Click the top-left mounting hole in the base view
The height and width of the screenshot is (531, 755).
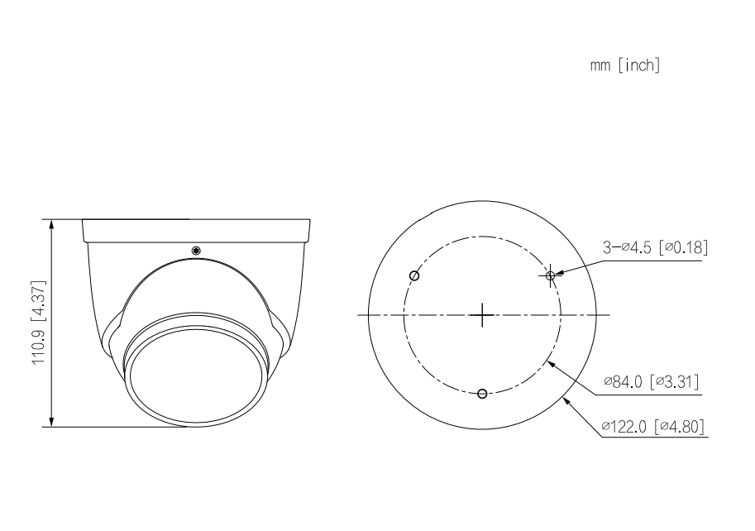click(x=415, y=275)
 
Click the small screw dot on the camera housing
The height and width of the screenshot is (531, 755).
click(x=196, y=251)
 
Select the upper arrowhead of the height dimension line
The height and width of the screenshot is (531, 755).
click(x=52, y=224)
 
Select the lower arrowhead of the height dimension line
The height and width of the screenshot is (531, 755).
click(x=52, y=423)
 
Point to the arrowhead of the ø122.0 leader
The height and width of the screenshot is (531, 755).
click(x=566, y=399)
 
